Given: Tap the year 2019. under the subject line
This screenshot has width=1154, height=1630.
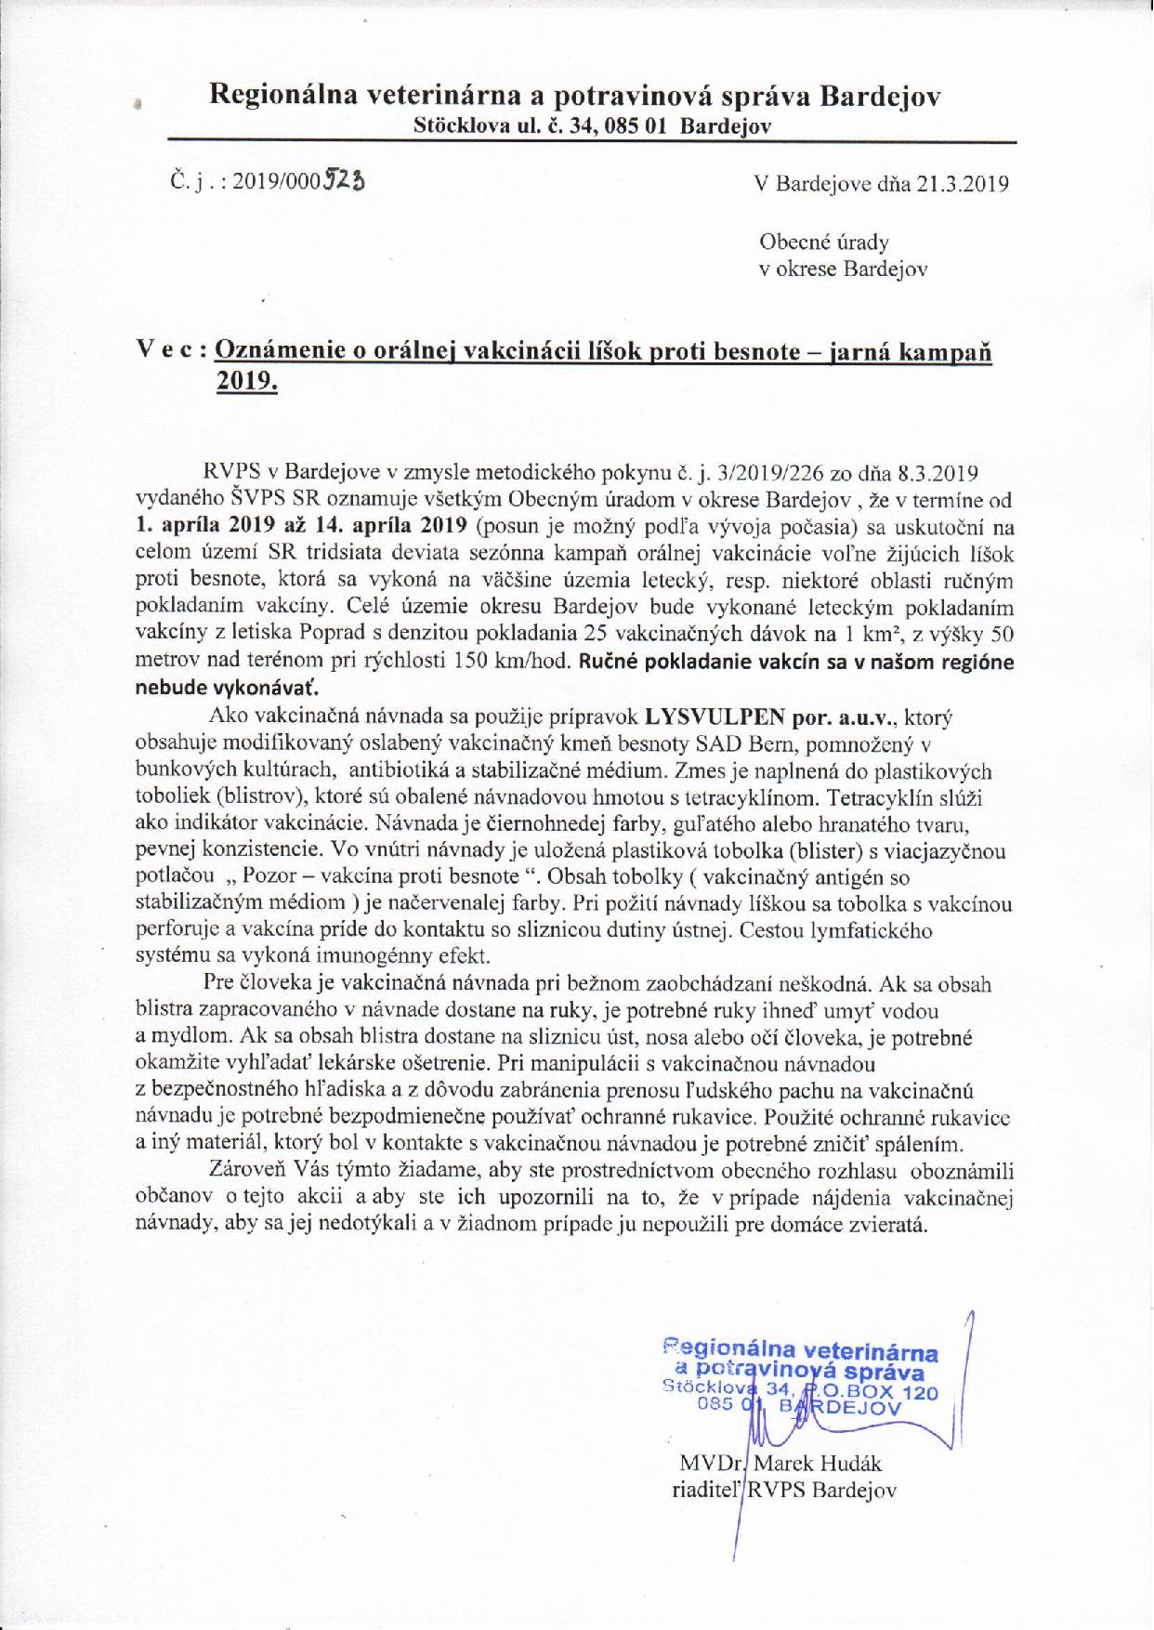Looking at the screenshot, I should [246, 382].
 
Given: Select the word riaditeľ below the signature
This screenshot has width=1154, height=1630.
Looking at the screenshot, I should [708, 1490].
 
